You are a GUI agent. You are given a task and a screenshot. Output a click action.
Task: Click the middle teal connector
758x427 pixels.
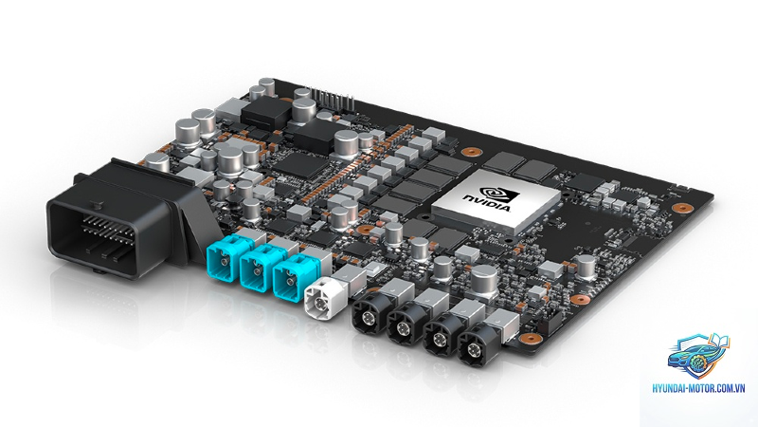(x=256, y=272)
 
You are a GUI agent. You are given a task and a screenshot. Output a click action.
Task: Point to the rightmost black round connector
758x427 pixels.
(x=477, y=347)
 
